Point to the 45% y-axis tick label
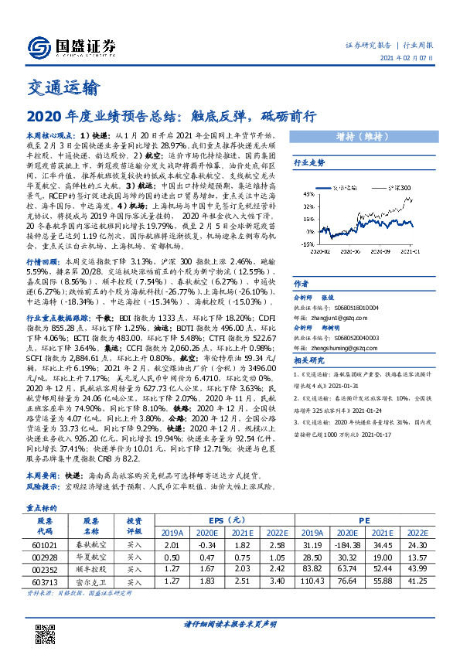pos(307,193)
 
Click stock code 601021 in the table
pos(46,545)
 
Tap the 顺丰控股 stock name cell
pos(91,568)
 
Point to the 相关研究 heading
pos(306,361)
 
